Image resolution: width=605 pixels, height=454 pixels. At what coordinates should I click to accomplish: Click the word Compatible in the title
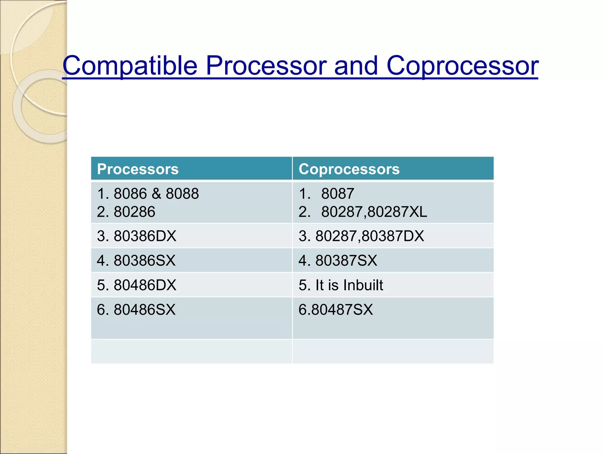tap(130, 66)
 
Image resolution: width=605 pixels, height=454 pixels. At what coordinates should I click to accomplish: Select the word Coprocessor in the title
tap(462, 66)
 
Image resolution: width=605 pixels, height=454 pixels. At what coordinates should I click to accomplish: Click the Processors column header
tap(138, 169)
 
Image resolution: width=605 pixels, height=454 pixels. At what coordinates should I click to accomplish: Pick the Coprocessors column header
tap(349, 169)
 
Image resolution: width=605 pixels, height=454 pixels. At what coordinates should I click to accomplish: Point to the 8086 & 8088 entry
tap(148, 194)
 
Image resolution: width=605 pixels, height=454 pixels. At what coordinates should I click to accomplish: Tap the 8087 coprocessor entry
tap(337, 194)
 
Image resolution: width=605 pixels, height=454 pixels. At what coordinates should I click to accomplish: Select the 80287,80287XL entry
tap(374, 212)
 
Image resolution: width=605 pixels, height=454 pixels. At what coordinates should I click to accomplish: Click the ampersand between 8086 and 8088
tap(156, 194)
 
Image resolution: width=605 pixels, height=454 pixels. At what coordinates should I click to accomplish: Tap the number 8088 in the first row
tap(182, 194)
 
